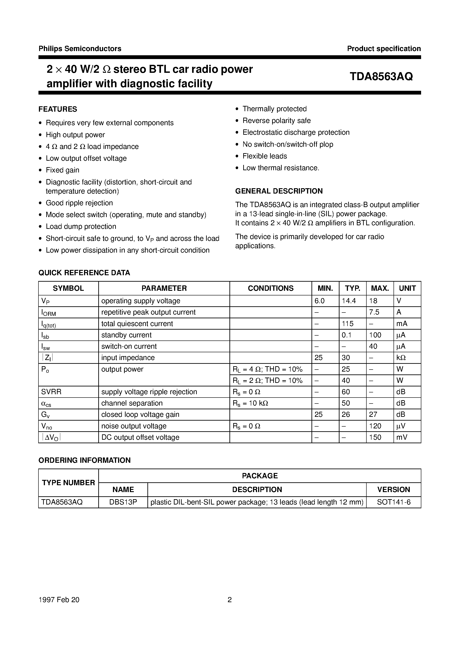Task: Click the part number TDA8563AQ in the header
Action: pyautogui.click(x=381, y=77)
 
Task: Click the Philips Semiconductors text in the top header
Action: pyautogui.click(x=80, y=49)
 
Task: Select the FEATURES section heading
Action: pyautogui.click(x=58, y=109)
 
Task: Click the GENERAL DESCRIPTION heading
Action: pyautogui.click(x=279, y=191)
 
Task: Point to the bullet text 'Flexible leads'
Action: pyautogui.click(x=265, y=156)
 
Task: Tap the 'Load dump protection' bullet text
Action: pyautogui.click(x=81, y=227)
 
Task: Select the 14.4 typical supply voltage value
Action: pyautogui.click(x=349, y=301)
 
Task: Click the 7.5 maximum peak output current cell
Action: pyautogui.click(x=374, y=312)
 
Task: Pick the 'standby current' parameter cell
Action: pyautogui.click(x=126, y=335)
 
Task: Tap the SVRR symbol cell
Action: pyautogui.click(x=51, y=392)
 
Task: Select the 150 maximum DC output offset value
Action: pyautogui.click(x=375, y=437)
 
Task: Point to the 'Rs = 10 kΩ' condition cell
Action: pyautogui.click(x=250, y=403)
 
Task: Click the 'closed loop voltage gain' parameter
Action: pyautogui.click(x=140, y=415)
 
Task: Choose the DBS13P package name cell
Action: pyautogui.click(x=123, y=502)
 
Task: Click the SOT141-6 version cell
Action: pyautogui.click(x=394, y=502)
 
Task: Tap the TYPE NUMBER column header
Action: pyautogui.click(x=68, y=483)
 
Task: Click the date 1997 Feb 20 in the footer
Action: pyautogui.click(x=59, y=600)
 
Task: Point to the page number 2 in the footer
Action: pyautogui.click(x=230, y=600)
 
